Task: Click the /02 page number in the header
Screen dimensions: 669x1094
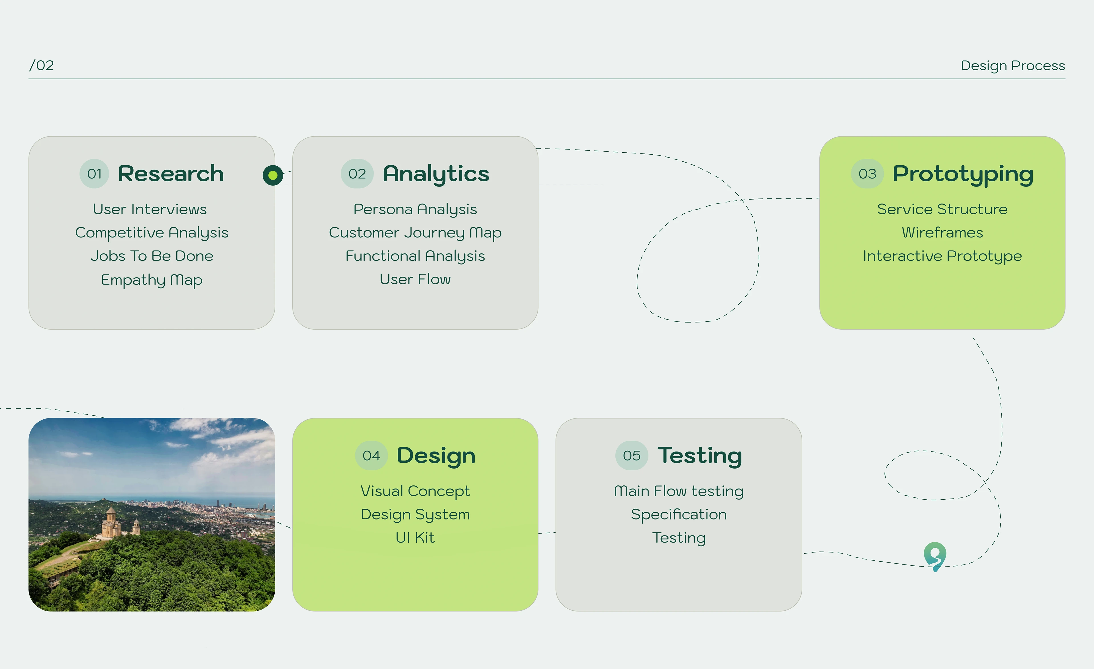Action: tap(42, 66)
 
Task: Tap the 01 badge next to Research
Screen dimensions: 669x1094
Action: tap(94, 174)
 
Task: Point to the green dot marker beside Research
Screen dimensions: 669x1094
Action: tap(273, 175)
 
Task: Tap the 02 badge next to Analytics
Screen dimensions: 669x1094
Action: tap(357, 174)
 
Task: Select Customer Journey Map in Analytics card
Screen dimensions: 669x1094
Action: tap(415, 233)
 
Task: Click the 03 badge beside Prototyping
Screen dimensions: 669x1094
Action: tap(867, 174)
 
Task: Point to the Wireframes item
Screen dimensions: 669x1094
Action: tap(942, 233)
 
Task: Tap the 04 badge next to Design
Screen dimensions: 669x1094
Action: tap(371, 455)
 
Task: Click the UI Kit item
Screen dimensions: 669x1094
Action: tap(415, 538)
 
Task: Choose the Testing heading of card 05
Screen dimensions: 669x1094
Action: tap(699, 455)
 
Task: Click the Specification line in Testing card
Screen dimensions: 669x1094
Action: tap(678, 515)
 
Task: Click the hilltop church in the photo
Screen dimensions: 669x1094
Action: tap(111, 524)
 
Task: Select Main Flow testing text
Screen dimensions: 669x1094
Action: tap(678, 491)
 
